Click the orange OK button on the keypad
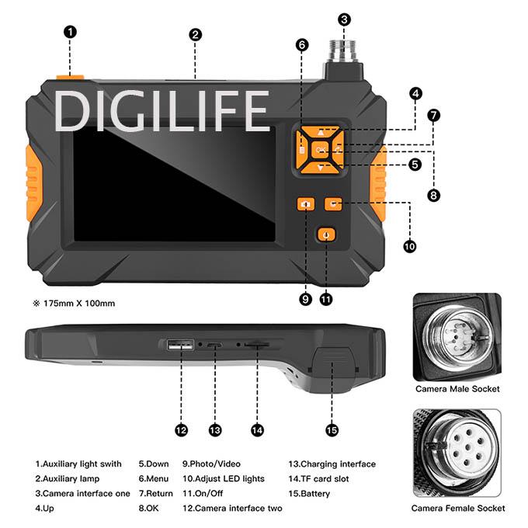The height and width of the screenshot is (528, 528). pos(320,150)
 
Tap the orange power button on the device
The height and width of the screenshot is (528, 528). pos(326,234)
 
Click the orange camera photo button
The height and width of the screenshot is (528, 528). pos(306,204)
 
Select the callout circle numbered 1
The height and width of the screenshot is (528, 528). pos(70,32)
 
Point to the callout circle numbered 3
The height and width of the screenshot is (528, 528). pos(344,19)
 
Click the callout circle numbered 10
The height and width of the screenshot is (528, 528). pos(409,246)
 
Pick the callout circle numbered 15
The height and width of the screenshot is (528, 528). pos(332,430)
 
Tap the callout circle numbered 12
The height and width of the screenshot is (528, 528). pos(181,430)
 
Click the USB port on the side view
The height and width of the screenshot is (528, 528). pos(180,345)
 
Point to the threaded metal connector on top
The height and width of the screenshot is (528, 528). pos(343,50)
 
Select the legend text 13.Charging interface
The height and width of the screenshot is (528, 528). pos(332,464)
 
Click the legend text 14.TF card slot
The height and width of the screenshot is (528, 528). pos(318,478)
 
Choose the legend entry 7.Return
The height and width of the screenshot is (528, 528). pos(155,493)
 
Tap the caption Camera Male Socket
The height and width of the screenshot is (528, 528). pos(457,389)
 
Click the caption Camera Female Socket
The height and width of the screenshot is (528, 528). pos(458,508)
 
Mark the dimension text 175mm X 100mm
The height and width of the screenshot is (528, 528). pos(79,304)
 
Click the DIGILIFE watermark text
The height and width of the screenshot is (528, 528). pos(162,111)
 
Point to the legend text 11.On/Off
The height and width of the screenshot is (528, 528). pos(203,493)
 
